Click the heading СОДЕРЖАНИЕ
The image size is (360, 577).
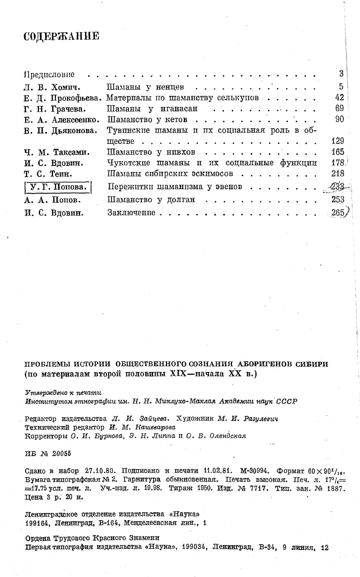(61, 36)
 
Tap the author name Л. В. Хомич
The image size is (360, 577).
(51, 86)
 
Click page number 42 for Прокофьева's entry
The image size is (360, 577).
(337, 97)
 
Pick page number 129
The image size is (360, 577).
(336, 141)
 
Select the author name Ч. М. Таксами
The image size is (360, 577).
(55, 152)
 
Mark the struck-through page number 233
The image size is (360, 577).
(335, 186)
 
